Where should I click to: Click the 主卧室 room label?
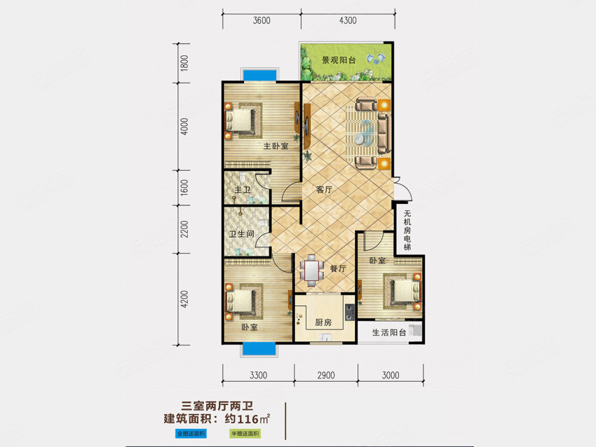(276, 146)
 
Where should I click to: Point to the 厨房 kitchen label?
(323, 323)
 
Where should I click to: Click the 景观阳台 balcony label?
(339, 60)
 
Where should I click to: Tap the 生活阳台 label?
(389, 333)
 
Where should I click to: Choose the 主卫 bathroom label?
(243, 190)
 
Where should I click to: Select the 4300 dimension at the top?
(348, 21)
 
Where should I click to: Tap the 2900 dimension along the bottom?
(325, 376)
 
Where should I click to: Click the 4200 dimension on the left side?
(184, 301)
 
